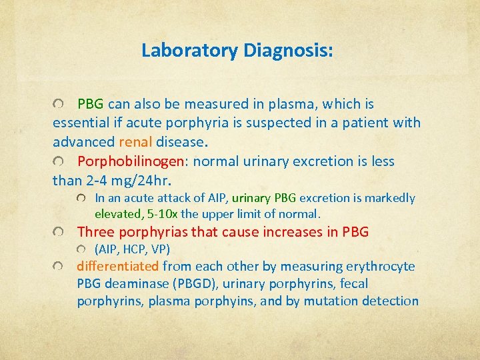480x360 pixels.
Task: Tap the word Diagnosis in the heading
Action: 288,51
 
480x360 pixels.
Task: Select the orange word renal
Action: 136,142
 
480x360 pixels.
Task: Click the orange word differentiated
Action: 118,267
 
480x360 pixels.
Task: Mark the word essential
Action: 82,123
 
